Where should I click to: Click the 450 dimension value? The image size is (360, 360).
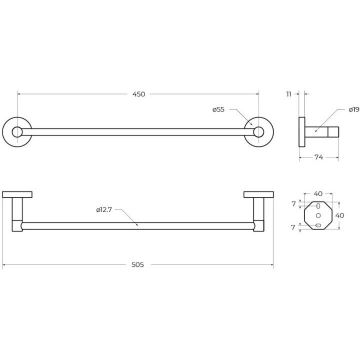point(139,94)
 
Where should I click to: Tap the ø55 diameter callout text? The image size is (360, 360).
point(219,110)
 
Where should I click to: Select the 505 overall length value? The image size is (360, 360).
point(137,265)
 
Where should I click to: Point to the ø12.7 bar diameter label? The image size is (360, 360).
point(104,210)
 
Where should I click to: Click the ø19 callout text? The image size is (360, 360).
point(354,109)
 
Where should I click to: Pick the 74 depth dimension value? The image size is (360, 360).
point(319,157)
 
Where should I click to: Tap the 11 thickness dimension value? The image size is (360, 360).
point(289,94)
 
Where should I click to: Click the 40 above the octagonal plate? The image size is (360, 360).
point(318,194)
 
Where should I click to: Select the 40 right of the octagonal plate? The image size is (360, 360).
point(340,216)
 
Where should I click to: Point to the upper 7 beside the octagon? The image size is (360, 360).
point(293,204)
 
